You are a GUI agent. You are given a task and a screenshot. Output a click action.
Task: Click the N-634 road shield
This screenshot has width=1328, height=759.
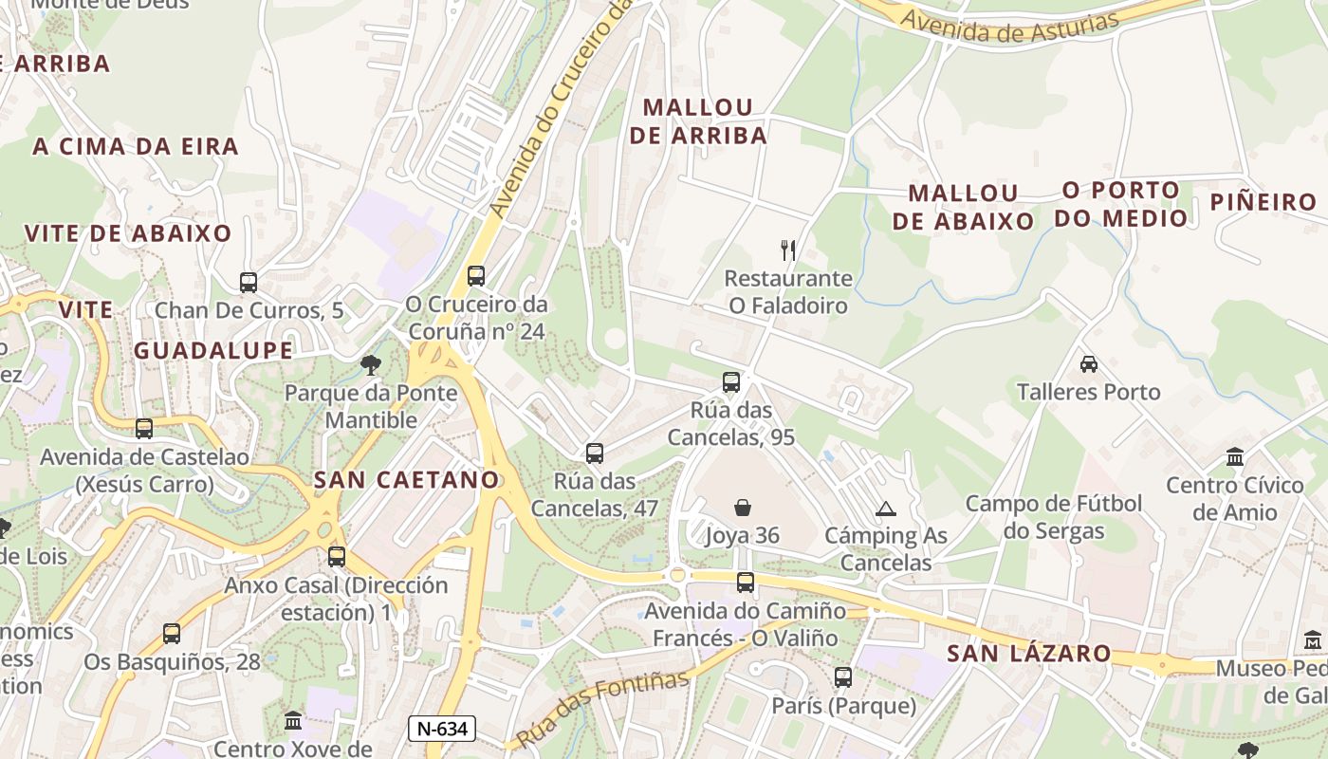click(x=441, y=729)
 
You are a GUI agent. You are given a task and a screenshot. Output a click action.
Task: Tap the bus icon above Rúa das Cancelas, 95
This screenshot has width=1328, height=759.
click(x=730, y=382)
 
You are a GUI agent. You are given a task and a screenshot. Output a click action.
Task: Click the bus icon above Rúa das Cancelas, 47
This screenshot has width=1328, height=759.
click(x=595, y=454)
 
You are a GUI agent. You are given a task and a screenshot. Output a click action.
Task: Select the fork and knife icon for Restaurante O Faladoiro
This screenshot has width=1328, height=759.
click(x=788, y=250)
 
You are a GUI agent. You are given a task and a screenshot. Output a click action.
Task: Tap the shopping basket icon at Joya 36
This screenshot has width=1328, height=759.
click(x=743, y=509)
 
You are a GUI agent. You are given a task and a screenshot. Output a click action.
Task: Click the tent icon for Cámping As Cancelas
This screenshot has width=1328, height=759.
click(x=886, y=509)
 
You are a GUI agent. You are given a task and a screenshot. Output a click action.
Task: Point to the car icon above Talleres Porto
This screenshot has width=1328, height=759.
click(x=1089, y=364)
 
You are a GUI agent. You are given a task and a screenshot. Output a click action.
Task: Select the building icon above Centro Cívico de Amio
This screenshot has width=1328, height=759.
click(x=1235, y=457)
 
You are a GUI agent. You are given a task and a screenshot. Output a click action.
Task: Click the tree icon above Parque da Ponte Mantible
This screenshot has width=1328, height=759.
click(x=371, y=364)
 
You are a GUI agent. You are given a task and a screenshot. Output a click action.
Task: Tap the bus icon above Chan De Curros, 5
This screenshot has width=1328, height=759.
click(x=249, y=282)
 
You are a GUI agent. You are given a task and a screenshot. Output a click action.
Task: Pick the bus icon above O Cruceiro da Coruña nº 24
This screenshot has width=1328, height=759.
click(x=476, y=276)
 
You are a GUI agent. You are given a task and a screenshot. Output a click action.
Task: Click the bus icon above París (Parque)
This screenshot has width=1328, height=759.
click(x=843, y=677)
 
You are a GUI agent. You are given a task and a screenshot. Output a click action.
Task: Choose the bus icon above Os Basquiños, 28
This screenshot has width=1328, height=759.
click(x=172, y=633)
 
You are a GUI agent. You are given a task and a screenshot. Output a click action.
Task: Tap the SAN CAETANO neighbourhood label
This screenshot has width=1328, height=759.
click(x=407, y=480)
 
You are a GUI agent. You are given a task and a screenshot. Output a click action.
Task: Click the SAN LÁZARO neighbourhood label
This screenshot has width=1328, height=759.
click(x=1029, y=653)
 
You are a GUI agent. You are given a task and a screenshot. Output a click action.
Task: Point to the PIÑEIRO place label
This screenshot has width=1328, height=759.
click(x=1264, y=202)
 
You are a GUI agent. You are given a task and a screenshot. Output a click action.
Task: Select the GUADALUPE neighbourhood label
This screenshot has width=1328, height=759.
click(x=213, y=350)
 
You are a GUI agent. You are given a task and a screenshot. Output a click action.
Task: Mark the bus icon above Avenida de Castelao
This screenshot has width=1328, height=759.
click(x=144, y=429)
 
